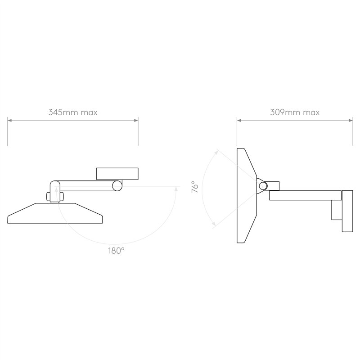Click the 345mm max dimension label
click(73, 112)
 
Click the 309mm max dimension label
click(295, 112)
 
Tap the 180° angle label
click(116, 251)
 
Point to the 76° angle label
click(195, 187)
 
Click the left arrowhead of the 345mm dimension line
click(9, 120)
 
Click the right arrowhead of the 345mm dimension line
click(136, 120)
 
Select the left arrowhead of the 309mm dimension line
click(239, 120)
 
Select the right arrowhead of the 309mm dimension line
click(351, 120)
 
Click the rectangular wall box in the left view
click(117, 174)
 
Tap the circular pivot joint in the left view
click(117, 186)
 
